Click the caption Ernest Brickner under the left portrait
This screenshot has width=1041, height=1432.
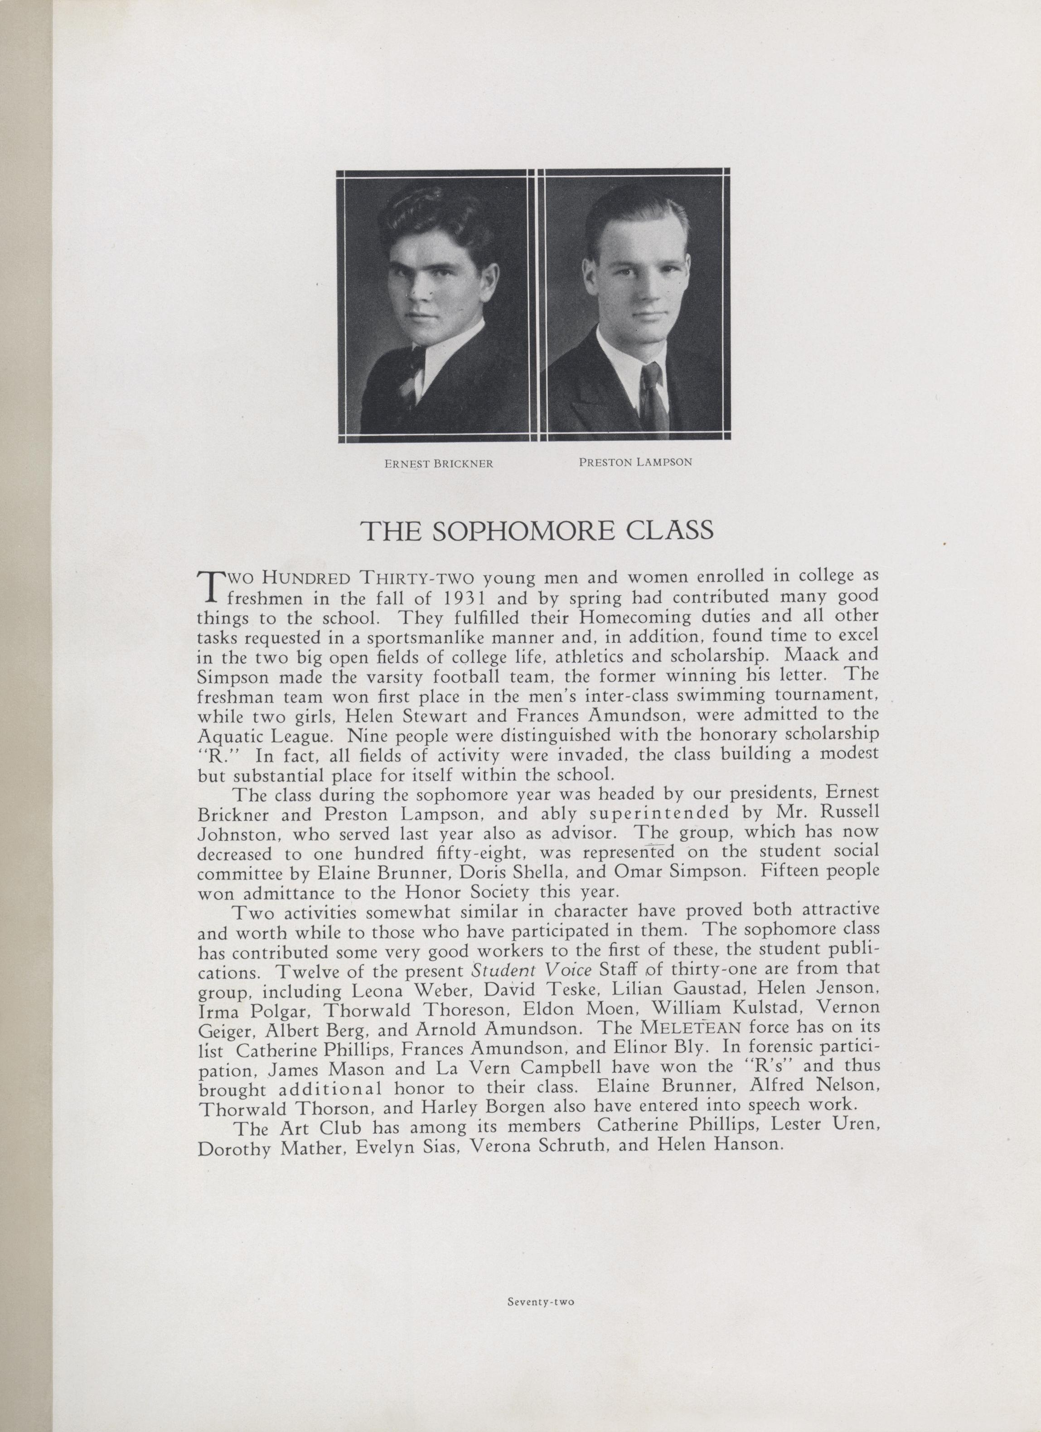pyautogui.click(x=438, y=463)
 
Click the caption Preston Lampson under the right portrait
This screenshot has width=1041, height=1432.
pyautogui.click(x=635, y=462)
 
